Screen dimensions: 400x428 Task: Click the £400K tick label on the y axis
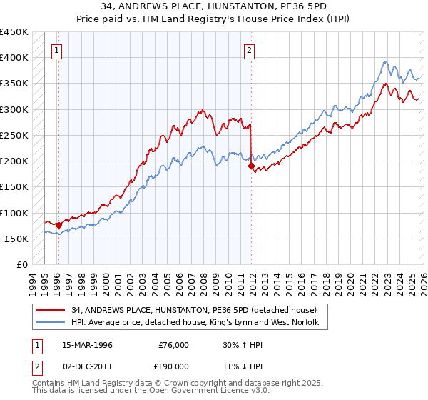coord(14,58)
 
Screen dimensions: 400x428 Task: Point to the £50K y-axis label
coord(17,239)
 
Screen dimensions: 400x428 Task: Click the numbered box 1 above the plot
coord(56,50)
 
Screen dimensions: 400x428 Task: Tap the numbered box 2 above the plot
coord(249,50)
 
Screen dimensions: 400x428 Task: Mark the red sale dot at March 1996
coord(58,225)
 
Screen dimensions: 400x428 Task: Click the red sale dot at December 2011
coord(251,166)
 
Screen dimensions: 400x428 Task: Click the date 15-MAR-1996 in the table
coord(87,345)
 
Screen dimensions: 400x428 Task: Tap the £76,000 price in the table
coord(173,345)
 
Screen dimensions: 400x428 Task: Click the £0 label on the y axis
coord(21,264)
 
